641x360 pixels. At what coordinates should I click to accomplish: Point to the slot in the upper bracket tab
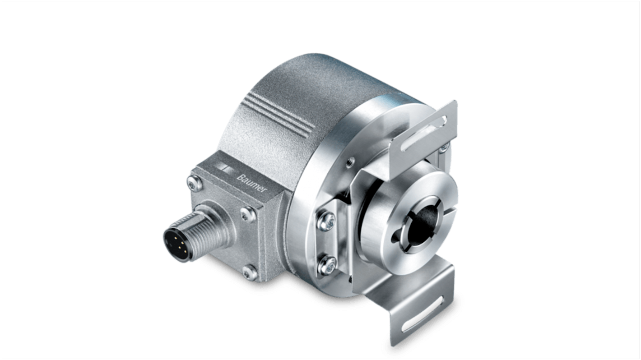[x=427, y=135]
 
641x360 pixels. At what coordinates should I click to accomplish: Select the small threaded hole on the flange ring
[x=348, y=160]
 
